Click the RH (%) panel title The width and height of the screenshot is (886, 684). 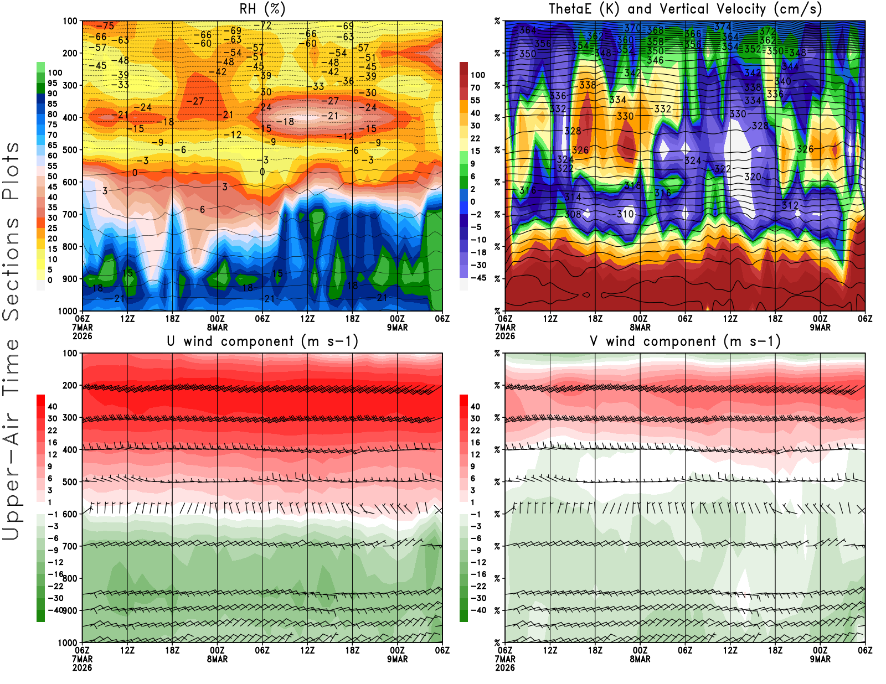262,9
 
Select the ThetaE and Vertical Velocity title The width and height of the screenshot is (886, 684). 685,9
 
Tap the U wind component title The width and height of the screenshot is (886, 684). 262,341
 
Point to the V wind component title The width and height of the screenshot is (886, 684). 685,341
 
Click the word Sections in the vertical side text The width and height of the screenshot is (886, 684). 11,268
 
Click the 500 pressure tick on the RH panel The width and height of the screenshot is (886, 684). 70,150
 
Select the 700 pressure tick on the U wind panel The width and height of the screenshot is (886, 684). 70,546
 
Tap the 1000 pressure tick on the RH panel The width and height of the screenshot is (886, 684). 68,311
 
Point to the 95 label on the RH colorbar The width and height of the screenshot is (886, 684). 52,83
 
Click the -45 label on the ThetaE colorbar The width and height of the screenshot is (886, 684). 478,278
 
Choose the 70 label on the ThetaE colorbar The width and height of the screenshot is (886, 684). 475,87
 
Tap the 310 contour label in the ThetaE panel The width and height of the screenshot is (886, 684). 625,214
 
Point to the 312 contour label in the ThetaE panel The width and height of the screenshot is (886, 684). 790,205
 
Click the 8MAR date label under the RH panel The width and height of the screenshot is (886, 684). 217,327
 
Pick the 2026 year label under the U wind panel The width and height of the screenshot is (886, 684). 82,667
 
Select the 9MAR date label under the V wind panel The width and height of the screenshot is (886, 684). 820,659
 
